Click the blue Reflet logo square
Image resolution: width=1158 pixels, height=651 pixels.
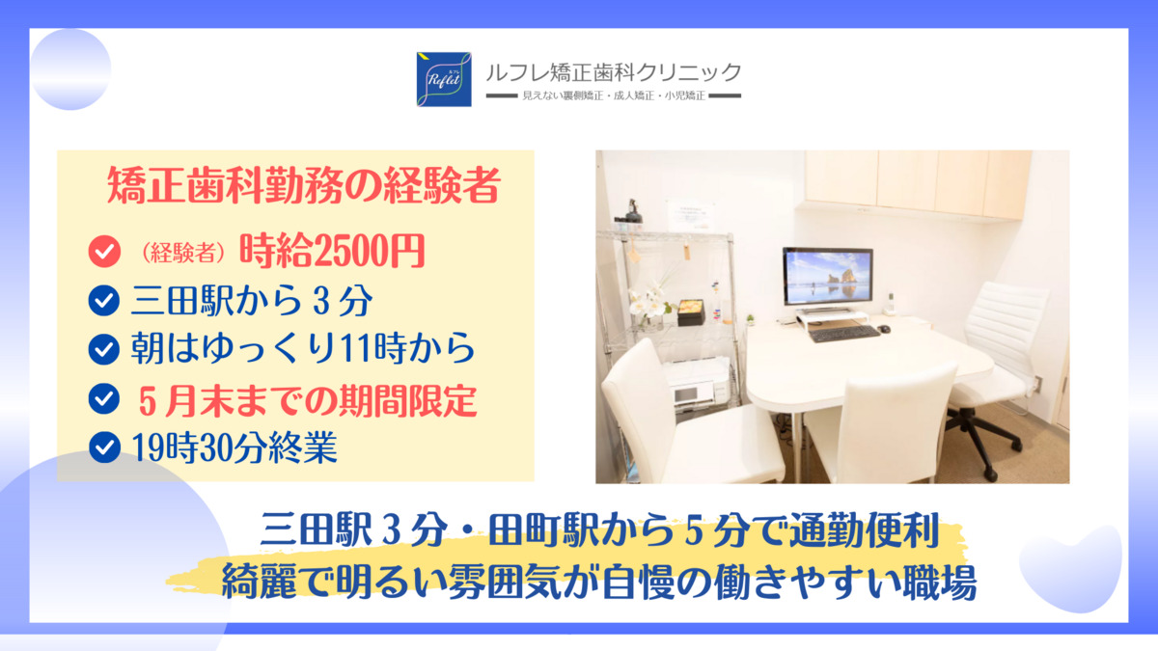coord(444,79)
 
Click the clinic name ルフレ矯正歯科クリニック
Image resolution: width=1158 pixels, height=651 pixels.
coord(614,73)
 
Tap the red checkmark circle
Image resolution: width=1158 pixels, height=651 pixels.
coord(104,251)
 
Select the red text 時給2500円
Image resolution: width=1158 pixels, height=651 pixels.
coord(332,251)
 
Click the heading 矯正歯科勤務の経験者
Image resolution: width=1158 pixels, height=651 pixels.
coord(303,185)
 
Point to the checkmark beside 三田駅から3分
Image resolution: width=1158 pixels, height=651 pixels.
coord(104,300)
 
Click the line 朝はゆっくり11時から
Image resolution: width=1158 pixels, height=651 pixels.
coord(302,348)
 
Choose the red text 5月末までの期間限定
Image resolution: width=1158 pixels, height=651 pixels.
coord(308,400)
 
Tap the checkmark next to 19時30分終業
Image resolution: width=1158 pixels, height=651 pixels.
coord(104,447)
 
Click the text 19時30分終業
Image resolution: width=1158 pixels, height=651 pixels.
coord(234,447)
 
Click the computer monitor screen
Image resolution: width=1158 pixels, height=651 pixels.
coord(828,277)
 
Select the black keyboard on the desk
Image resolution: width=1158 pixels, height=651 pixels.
coord(843,333)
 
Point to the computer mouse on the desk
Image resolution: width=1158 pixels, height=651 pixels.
coord(885,329)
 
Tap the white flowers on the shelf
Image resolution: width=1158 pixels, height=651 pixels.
coord(648,301)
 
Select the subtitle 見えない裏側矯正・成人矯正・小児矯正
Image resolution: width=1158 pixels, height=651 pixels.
coord(614,95)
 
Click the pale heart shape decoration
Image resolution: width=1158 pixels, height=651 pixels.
coord(1070,568)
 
